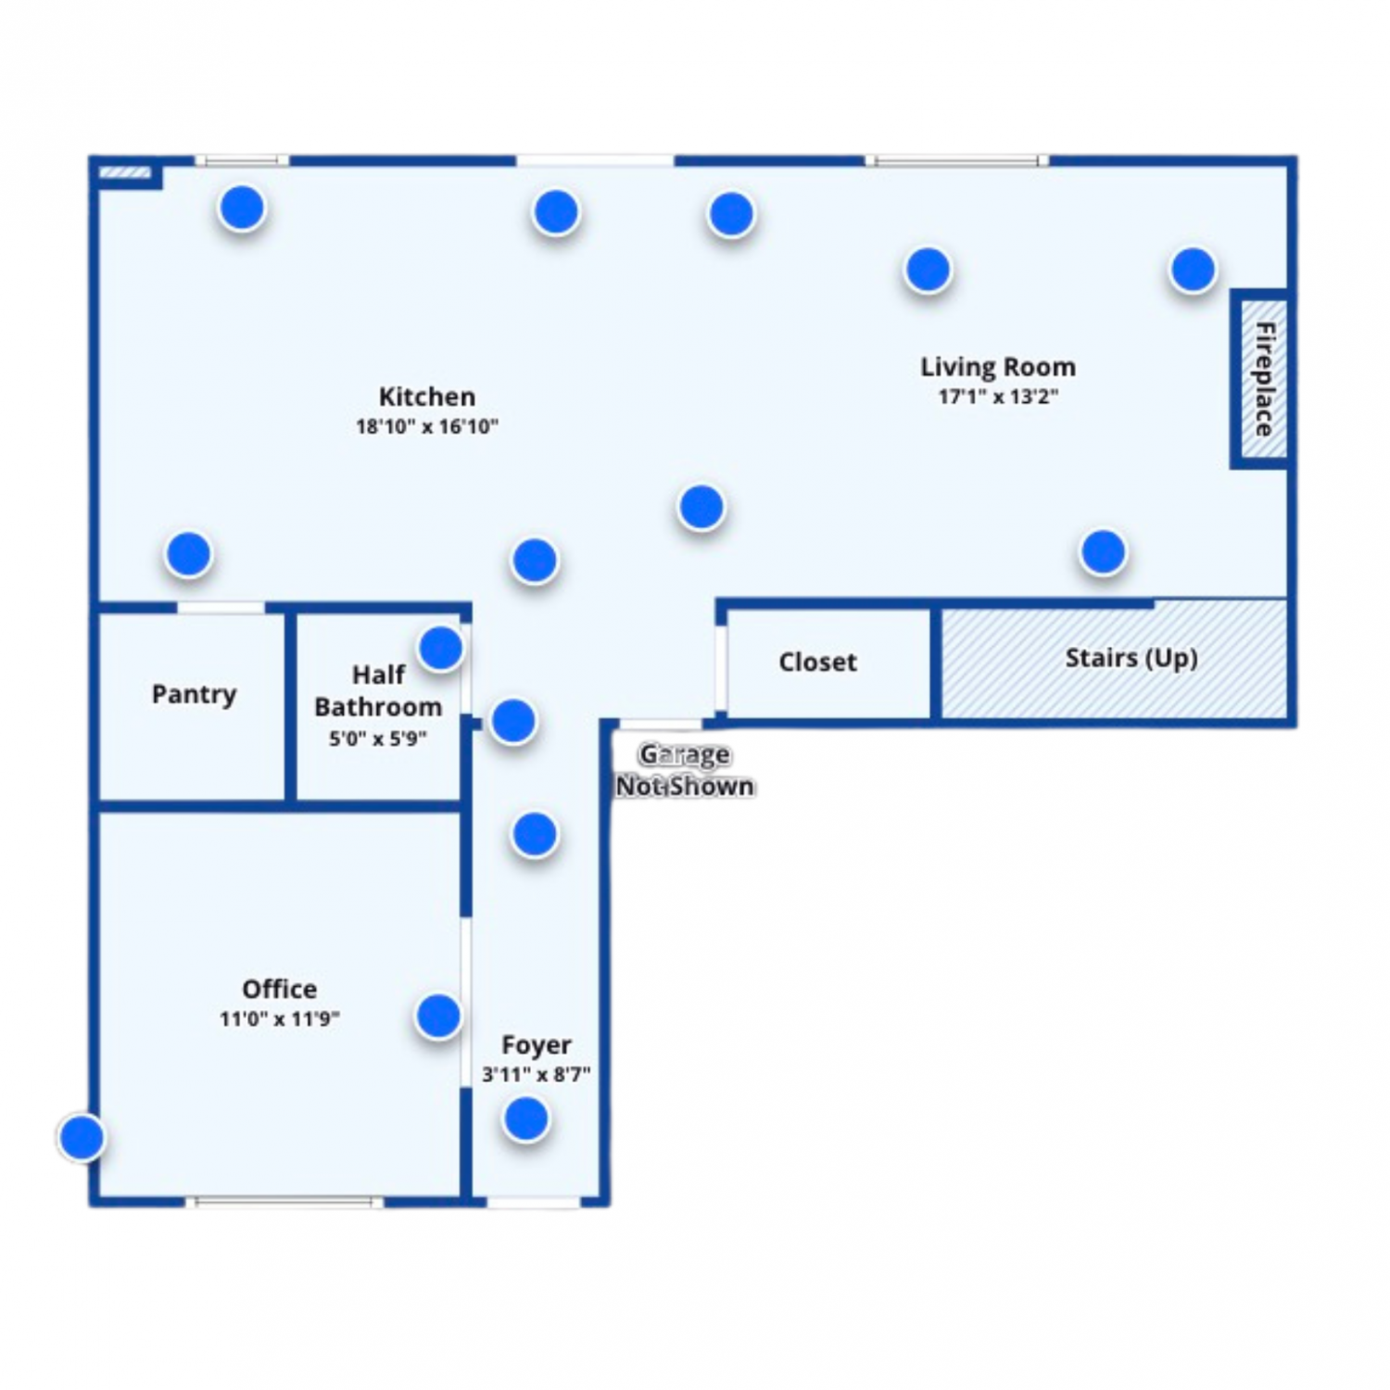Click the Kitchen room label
click(427, 397)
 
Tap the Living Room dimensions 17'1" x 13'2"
click(998, 397)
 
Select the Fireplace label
click(1264, 379)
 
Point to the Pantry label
click(194, 694)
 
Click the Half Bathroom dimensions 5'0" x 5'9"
click(378, 739)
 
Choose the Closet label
click(817, 662)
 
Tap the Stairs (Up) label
click(1131, 658)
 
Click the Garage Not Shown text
click(685, 770)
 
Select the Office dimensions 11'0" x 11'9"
click(279, 1018)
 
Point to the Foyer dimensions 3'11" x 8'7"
click(536, 1074)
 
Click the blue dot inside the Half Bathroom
click(441, 648)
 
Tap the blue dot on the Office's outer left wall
click(82, 1136)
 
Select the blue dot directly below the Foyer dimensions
click(526, 1118)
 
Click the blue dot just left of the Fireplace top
click(1193, 269)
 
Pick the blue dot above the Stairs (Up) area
click(1103, 551)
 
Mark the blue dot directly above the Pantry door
click(189, 553)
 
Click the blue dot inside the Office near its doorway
click(438, 1016)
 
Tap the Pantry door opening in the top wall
click(221, 608)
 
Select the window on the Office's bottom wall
click(284, 1202)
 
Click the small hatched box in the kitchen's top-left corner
click(125, 172)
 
